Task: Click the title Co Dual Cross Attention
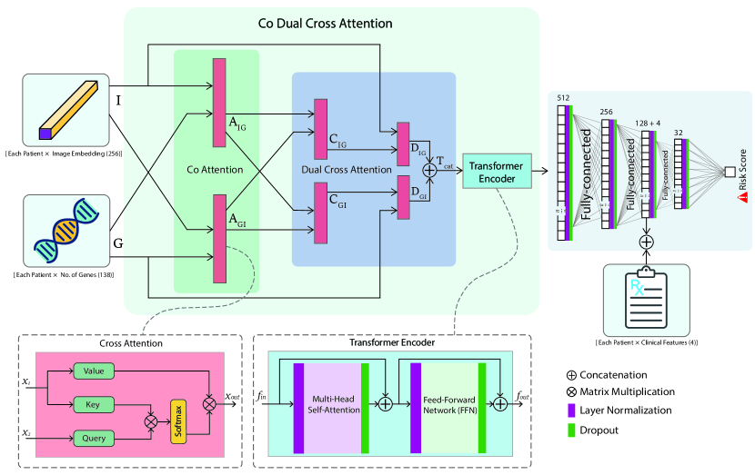pos(332,20)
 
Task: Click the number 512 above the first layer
pos(563,97)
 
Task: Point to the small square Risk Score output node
pos(730,171)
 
